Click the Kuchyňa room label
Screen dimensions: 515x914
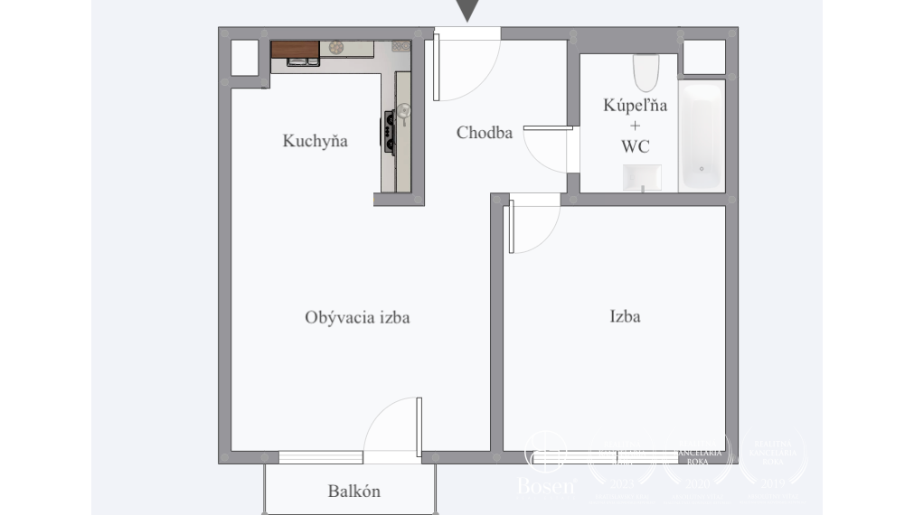(x=315, y=141)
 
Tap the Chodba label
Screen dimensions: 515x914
(x=484, y=133)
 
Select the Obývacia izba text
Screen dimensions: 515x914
(x=358, y=317)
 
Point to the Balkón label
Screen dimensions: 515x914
(x=353, y=492)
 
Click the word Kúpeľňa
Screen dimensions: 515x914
(x=636, y=105)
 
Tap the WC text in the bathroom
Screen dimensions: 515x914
(x=636, y=145)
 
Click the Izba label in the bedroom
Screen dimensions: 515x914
(x=625, y=317)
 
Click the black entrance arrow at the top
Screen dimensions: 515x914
(x=466, y=10)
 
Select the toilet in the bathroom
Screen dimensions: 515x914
(x=645, y=72)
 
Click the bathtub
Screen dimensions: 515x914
(x=701, y=136)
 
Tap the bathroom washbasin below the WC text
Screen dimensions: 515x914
(x=642, y=178)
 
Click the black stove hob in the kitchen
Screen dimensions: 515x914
(x=390, y=128)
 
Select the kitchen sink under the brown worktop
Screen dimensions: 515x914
(x=301, y=61)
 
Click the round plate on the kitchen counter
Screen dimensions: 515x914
(x=337, y=48)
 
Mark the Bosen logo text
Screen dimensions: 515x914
(x=545, y=486)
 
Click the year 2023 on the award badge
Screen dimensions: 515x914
(x=622, y=484)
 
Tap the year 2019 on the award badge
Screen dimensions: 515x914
(x=771, y=484)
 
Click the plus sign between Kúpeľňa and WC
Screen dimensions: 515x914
(x=636, y=126)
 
